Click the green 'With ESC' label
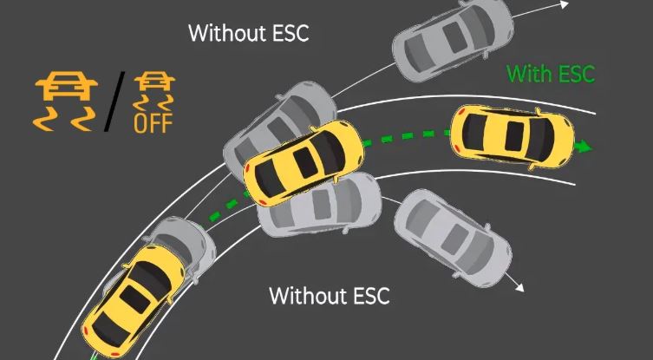pos(551,74)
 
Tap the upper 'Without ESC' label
pos(248,35)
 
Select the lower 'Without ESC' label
pos(329,295)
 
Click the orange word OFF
pos(153,122)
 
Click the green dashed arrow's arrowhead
pos(585,146)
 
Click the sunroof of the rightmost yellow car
pos(513,134)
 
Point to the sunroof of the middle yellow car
pos(304,160)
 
